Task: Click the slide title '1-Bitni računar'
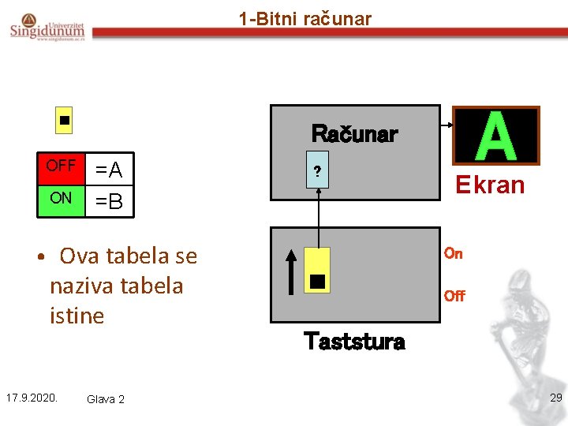click(x=305, y=19)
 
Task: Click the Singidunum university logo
click(x=48, y=28)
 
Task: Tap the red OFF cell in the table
click(x=61, y=166)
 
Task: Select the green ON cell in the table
click(x=61, y=198)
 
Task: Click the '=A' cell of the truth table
click(x=109, y=170)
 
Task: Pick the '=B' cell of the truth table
click(x=109, y=202)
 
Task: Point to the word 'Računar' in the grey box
click(x=354, y=133)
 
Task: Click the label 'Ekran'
click(x=491, y=185)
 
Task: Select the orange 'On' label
click(x=453, y=253)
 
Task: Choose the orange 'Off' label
click(x=454, y=296)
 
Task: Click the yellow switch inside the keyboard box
click(x=317, y=271)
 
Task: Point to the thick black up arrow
click(x=291, y=273)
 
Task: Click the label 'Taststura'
click(x=354, y=342)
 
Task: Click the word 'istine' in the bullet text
click(x=77, y=316)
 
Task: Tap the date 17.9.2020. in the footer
click(x=32, y=397)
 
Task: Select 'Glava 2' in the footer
click(x=106, y=399)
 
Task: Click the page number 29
click(x=555, y=398)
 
